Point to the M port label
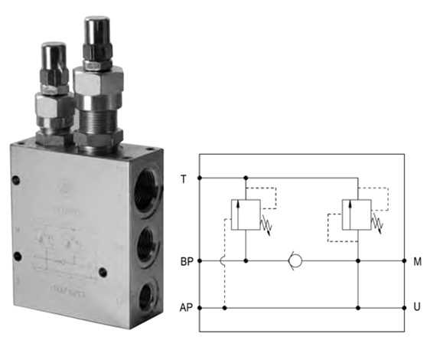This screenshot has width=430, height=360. [417, 261]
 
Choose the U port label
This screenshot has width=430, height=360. [417, 308]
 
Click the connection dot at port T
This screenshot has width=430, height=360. [200, 178]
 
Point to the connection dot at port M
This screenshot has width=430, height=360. [404, 261]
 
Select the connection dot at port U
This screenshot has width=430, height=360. [404, 308]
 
